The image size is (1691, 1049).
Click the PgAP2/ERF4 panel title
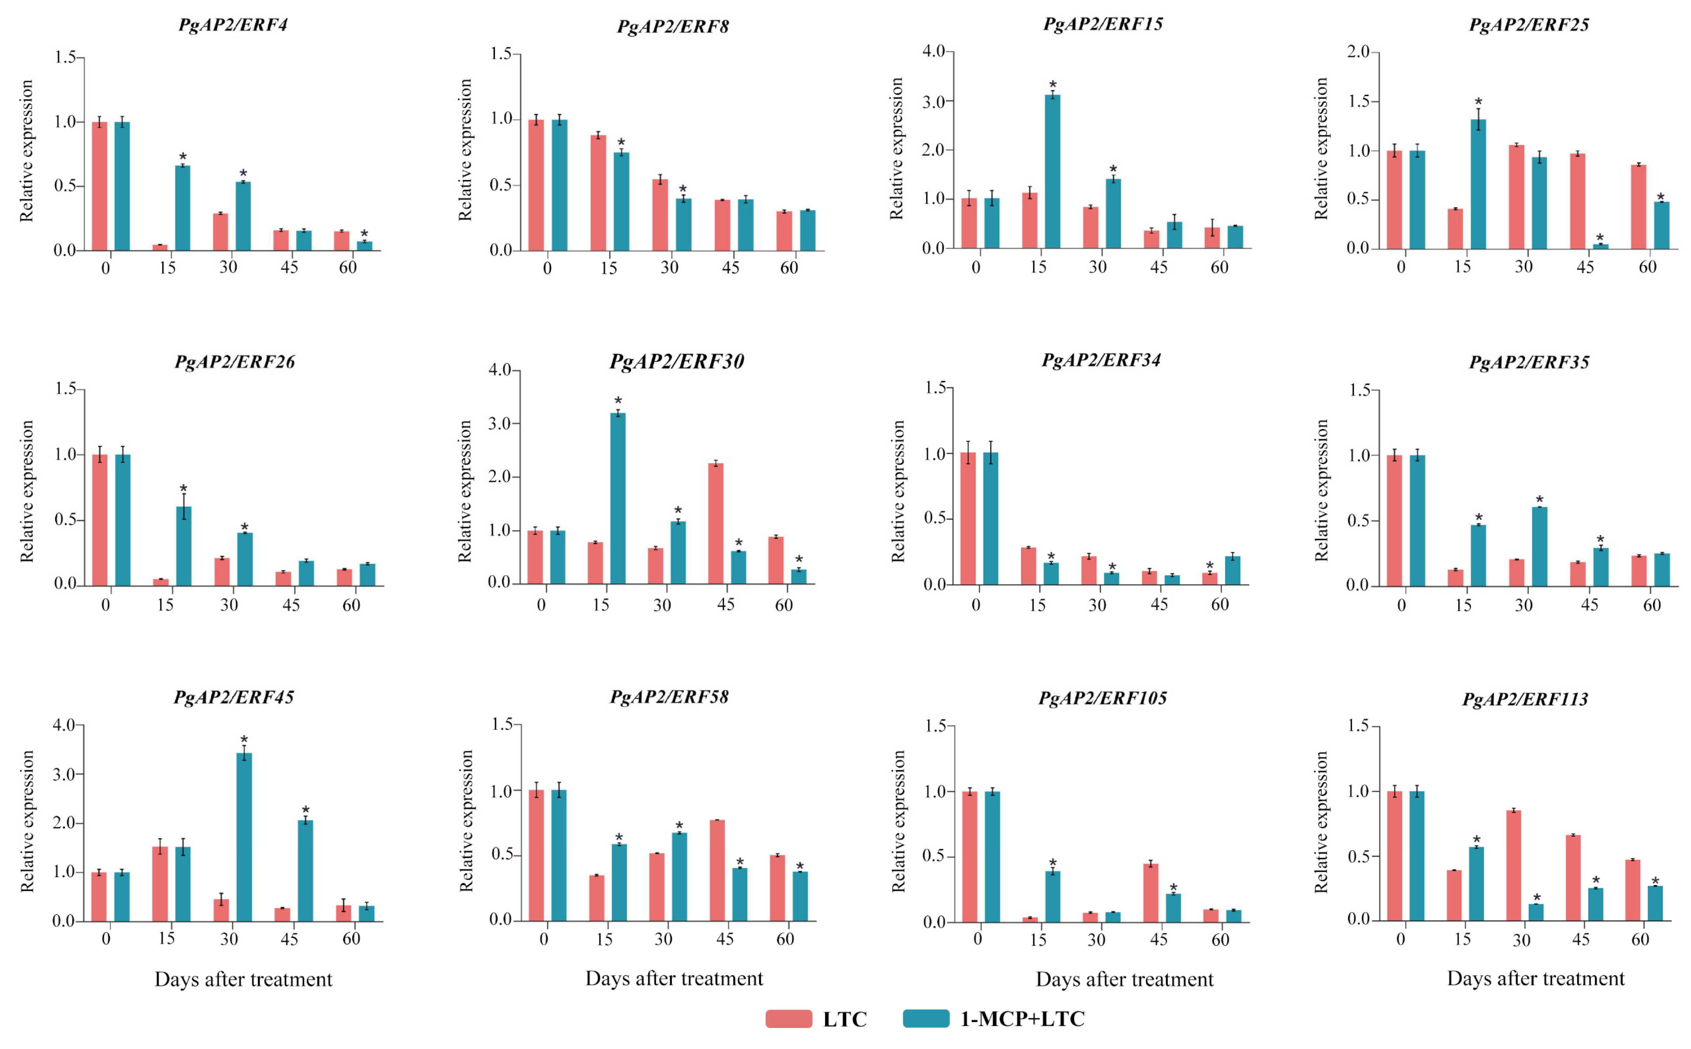pyautogui.click(x=233, y=25)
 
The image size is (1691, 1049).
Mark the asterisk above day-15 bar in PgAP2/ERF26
pyautogui.click(x=183, y=489)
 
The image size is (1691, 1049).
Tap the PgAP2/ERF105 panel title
pyautogui.click(x=1102, y=698)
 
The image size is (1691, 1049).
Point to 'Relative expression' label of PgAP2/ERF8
pyautogui.click(x=465, y=150)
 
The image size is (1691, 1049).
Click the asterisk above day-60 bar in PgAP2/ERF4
pyautogui.click(x=364, y=234)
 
